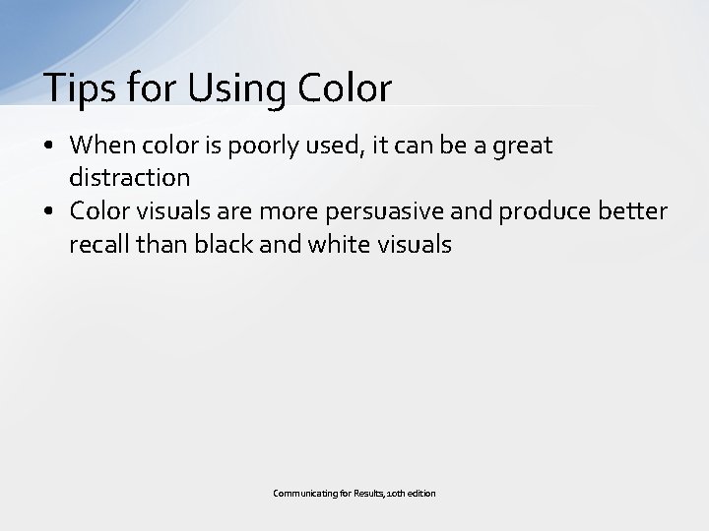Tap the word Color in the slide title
pyautogui.click(x=342, y=88)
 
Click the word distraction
pyautogui.click(x=129, y=178)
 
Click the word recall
pyautogui.click(x=97, y=245)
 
